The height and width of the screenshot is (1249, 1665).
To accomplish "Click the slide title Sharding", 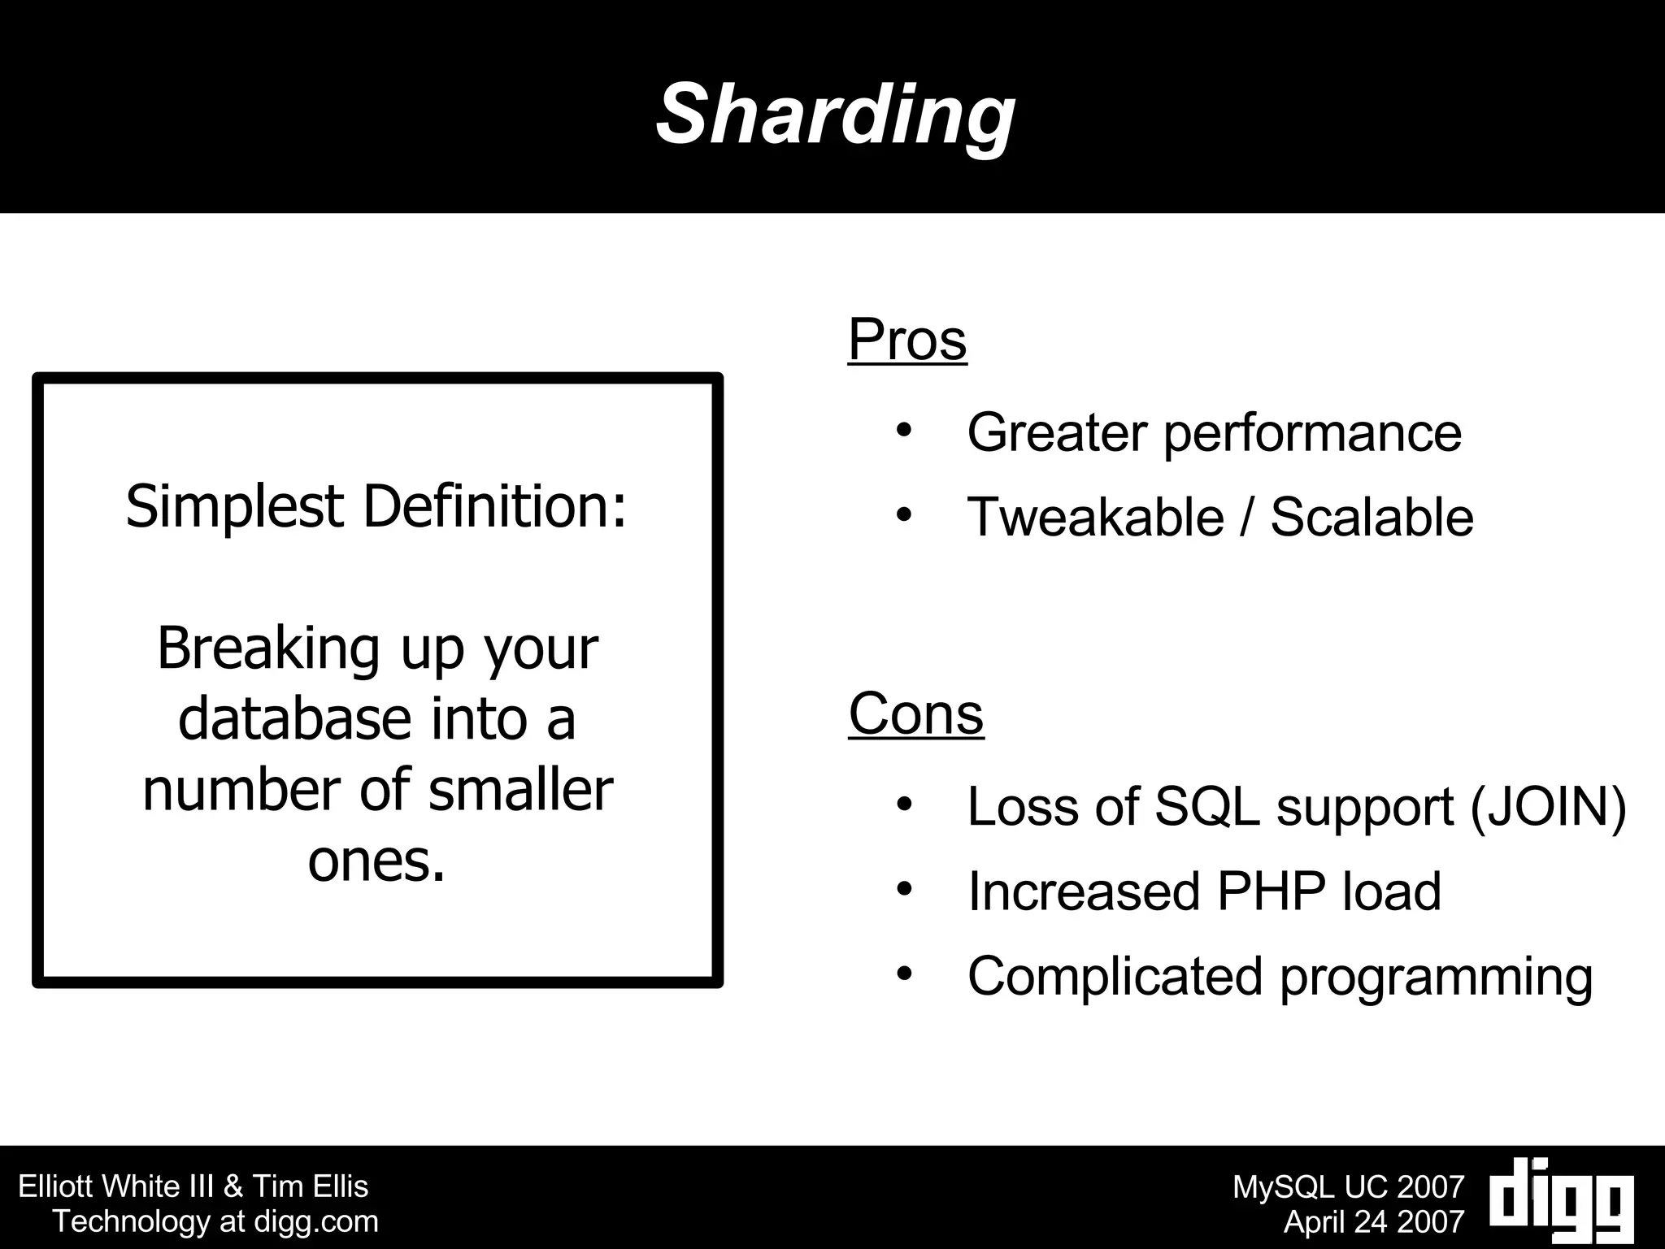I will coord(835,115).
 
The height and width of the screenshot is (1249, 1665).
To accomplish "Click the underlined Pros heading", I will coord(907,340).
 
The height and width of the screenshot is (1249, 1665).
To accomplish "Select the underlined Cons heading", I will coord(916,713).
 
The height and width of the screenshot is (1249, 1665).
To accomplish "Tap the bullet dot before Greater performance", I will coord(904,431).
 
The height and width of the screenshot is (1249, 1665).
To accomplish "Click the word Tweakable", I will coord(1095,517).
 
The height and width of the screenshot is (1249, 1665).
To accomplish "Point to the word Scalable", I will coord(1372,517).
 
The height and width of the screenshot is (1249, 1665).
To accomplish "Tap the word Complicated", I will coord(1114,976).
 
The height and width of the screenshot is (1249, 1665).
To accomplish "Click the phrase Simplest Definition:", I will coord(376,507).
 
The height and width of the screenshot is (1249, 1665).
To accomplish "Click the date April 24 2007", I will coord(1373,1221).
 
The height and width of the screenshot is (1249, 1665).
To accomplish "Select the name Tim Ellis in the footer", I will coord(310,1186).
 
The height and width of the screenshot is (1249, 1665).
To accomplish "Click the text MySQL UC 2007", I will coord(1348,1187).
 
